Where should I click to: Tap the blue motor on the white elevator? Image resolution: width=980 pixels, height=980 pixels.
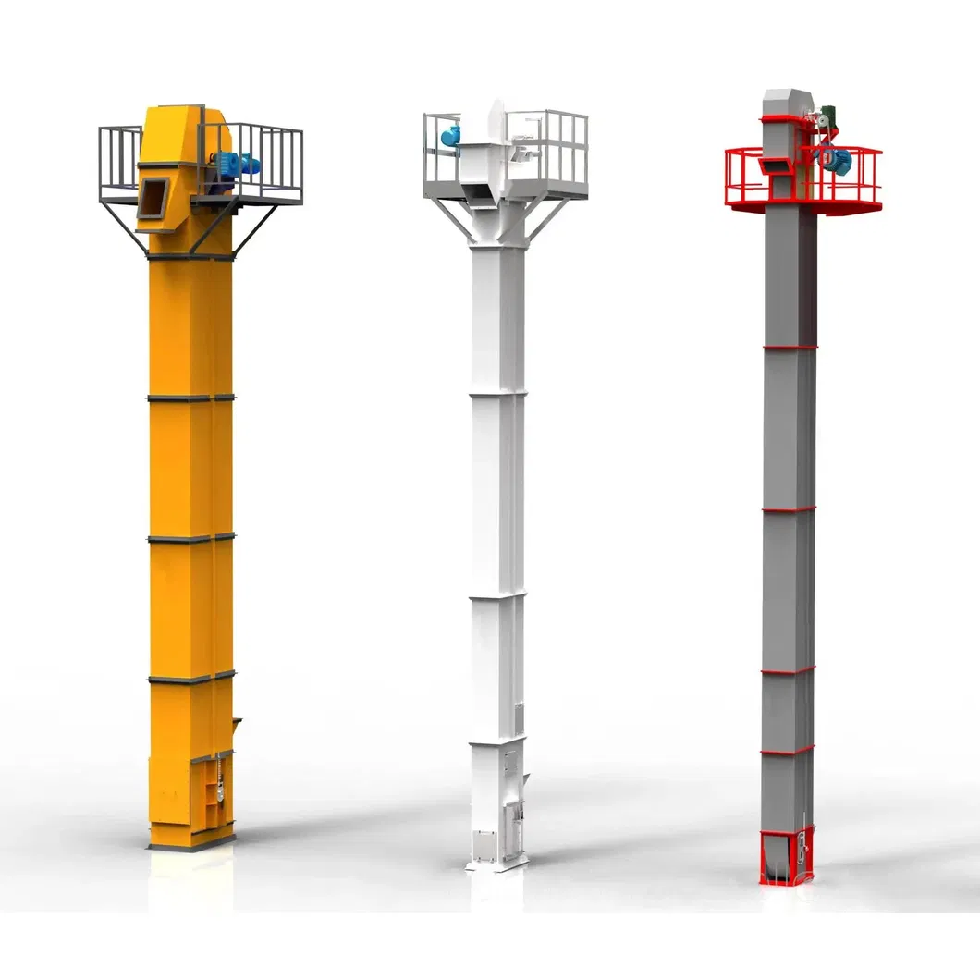tap(451, 136)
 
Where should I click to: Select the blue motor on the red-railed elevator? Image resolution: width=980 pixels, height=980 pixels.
tap(839, 159)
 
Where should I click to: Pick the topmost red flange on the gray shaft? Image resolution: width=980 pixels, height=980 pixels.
tap(789, 348)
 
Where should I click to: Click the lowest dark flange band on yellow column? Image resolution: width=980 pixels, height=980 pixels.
tap(190, 678)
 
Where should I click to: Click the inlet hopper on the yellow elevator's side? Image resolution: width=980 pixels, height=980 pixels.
tap(236, 726)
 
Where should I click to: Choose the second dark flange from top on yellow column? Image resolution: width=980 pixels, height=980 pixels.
tap(190, 398)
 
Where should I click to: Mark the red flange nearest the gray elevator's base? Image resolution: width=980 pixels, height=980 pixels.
tap(788, 750)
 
